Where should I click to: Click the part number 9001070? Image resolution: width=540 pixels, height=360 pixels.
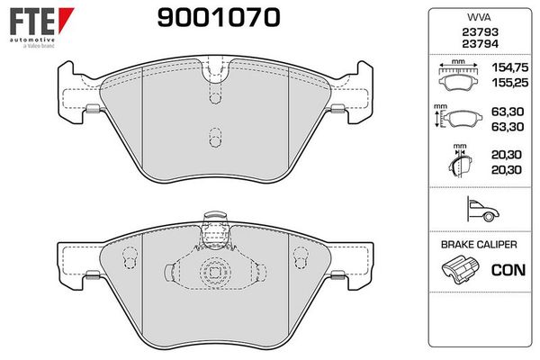[x=219, y=17]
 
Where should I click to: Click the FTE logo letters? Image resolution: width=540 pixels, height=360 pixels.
[x=32, y=22]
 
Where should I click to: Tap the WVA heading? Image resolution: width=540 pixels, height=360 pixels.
[x=479, y=17]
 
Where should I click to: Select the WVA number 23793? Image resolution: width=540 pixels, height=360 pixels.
[x=480, y=32]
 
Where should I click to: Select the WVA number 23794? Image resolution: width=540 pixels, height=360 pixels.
[x=480, y=44]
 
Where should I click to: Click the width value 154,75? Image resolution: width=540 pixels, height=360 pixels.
[x=510, y=67]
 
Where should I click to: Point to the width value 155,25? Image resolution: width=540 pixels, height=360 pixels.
[x=510, y=83]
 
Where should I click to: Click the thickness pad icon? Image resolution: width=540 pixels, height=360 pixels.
[x=460, y=162]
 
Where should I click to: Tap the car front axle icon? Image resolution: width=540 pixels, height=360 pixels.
[x=482, y=209]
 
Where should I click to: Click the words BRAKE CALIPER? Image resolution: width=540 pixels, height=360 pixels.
[x=479, y=245]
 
